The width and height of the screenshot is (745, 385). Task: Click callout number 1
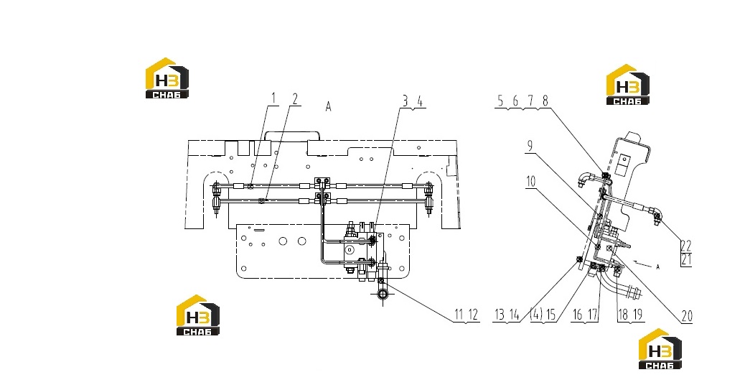[x=273, y=99]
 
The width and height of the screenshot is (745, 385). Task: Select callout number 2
[x=295, y=99]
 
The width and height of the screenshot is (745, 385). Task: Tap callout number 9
[x=530, y=147]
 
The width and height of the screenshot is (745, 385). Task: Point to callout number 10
[x=530, y=181]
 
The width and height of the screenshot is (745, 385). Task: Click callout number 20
[x=687, y=315]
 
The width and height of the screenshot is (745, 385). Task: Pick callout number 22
[x=685, y=246]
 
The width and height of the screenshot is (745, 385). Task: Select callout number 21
[x=685, y=259]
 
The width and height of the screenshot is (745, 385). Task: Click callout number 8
[x=545, y=101]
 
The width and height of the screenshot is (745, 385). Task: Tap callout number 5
[x=500, y=101]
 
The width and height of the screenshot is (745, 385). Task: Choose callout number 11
[x=459, y=314]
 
